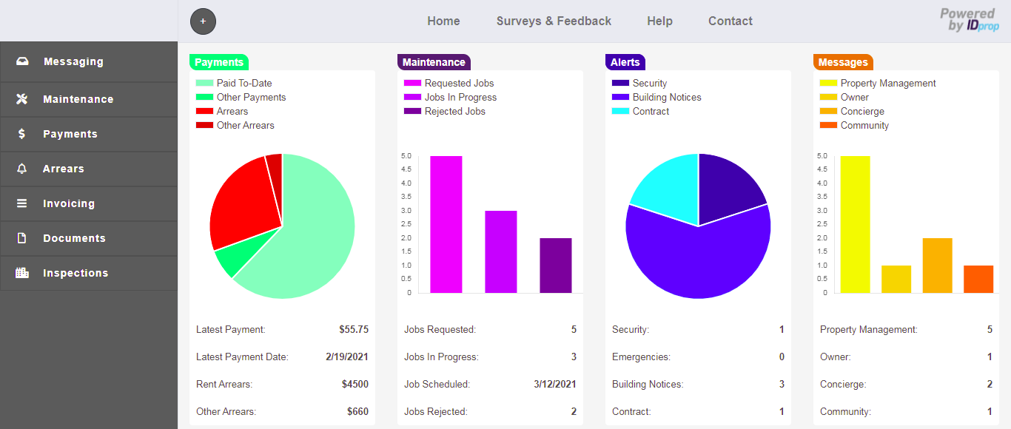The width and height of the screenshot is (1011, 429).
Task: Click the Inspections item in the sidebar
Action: (x=75, y=273)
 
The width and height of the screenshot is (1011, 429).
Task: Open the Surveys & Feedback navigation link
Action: (x=554, y=21)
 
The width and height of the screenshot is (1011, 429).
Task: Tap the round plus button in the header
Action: (x=203, y=21)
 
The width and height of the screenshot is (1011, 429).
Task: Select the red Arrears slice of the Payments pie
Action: (x=241, y=200)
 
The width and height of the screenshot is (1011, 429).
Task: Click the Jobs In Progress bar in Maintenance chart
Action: (x=501, y=251)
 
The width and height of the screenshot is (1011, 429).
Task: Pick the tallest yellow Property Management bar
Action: (x=855, y=224)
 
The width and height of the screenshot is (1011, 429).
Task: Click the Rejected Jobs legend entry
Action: (x=454, y=111)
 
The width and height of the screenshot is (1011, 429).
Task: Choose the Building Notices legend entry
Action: (x=666, y=97)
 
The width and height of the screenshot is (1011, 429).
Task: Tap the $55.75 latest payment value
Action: (x=354, y=329)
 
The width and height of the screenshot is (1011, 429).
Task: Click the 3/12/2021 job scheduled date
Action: (x=555, y=384)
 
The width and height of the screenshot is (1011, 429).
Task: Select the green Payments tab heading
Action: (x=219, y=62)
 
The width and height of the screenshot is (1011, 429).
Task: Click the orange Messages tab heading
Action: (x=843, y=62)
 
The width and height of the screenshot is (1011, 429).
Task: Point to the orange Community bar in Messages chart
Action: (x=978, y=279)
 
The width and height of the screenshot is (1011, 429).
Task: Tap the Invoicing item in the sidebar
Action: (x=68, y=203)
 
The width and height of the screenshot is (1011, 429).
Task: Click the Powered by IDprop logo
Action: (x=970, y=20)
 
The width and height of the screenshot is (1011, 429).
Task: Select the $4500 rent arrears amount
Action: (x=355, y=384)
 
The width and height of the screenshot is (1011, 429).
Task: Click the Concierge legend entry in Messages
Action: (x=862, y=111)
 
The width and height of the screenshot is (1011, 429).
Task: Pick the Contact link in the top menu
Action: (x=730, y=21)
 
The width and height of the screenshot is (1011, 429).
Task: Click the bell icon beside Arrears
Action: (x=22, y=169)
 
